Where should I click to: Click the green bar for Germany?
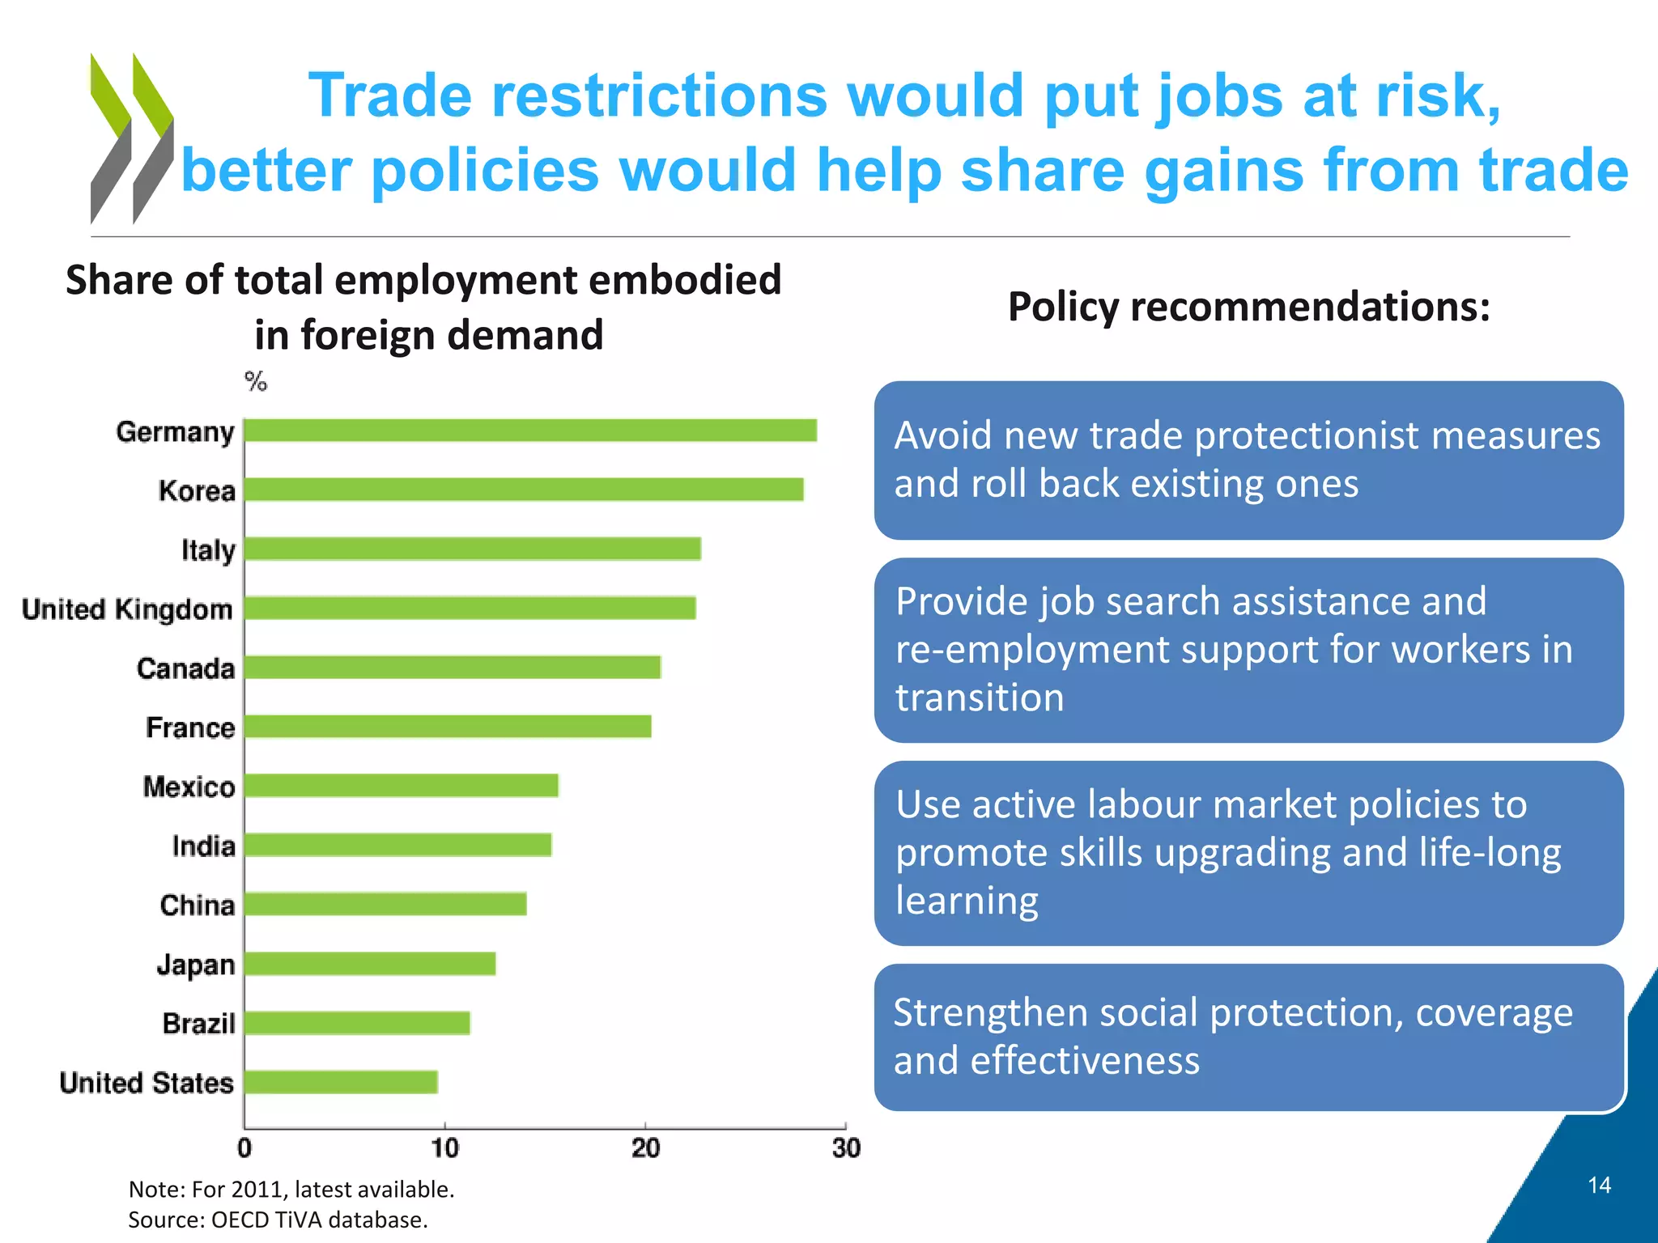pos(530,431)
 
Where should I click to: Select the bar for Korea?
pos(524,490)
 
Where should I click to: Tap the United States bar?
pos(341,1082)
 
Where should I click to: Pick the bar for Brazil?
pos(357,1023)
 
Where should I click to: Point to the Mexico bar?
pos(401,786)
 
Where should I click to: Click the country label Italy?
pos(208,550)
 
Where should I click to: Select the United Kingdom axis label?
pos(127,609)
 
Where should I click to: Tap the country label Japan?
pos(196,965)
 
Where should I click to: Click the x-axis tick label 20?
pos(645,1148)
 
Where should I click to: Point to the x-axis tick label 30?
pos(846,1148)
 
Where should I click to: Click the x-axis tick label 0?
pos(244,1148)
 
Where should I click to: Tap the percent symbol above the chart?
pos(256,381)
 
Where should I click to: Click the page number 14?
pos(1599,1186)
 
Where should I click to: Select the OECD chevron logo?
pos(131,138)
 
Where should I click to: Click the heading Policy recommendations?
pos(1248,307)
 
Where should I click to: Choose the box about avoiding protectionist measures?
pos(1248,460)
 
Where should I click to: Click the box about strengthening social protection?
pos(1248,1037)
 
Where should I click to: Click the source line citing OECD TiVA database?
pos(278,1220)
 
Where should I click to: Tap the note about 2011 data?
pos(291,1189)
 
